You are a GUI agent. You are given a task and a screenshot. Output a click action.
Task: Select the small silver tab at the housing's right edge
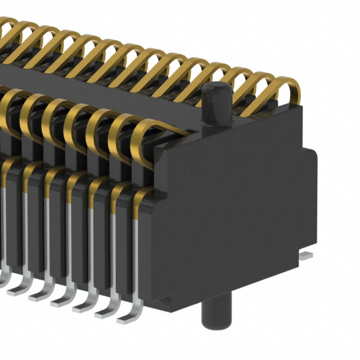coord(307,256)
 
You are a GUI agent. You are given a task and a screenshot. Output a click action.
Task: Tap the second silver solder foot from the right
coord(107,310)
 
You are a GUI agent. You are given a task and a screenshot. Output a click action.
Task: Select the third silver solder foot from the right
coord(85,303)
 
